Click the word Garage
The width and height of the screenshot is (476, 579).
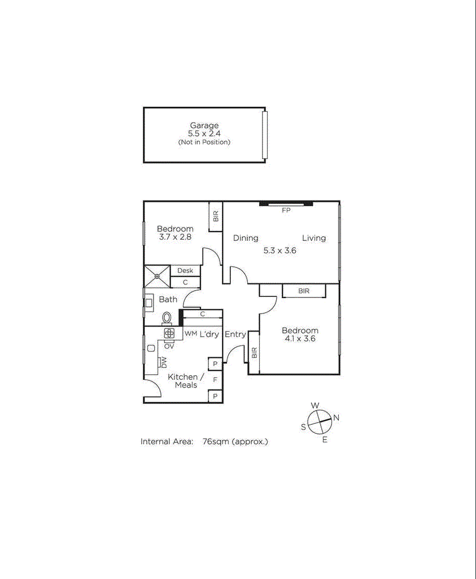tap(204, 126)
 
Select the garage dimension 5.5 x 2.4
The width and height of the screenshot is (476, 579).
tap(204, 134)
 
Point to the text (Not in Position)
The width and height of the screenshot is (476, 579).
tap(204, 142)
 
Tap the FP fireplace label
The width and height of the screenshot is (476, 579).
tap(286, 209)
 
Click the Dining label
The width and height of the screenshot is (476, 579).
tap(246, 238)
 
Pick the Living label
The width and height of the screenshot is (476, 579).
tap(314, 238)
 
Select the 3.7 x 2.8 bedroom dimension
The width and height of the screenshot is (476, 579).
tap(175, 237)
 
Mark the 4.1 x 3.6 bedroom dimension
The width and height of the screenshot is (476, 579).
tap(300, 339)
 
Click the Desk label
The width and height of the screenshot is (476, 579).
tap(185, 271)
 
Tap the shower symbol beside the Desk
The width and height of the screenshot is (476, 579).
tap(157, 277)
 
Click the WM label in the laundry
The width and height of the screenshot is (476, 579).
tap(191, 334)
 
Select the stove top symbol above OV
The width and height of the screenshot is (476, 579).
tap(169, 334)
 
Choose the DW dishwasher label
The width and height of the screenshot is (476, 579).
tap(164, 362)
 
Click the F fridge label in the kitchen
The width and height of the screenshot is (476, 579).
tap(215, 380)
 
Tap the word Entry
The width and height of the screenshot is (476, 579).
tap(235, 334)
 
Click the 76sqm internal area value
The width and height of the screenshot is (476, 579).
tap(216, 441)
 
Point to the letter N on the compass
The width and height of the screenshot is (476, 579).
tap(336, 418)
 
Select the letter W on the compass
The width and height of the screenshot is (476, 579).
tap(316, 406)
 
